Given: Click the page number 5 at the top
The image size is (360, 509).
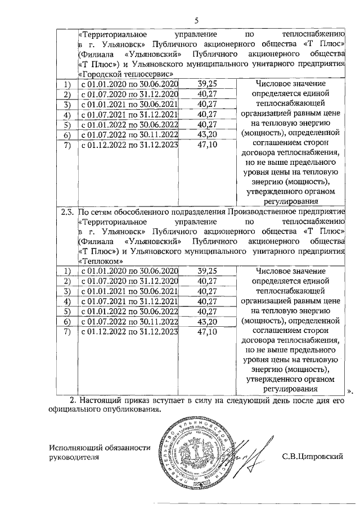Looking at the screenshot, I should tap(196, 20).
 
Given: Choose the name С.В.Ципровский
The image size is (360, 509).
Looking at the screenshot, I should tap(313, 457).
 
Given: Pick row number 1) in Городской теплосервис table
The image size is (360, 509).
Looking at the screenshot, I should tap(67, 84).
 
